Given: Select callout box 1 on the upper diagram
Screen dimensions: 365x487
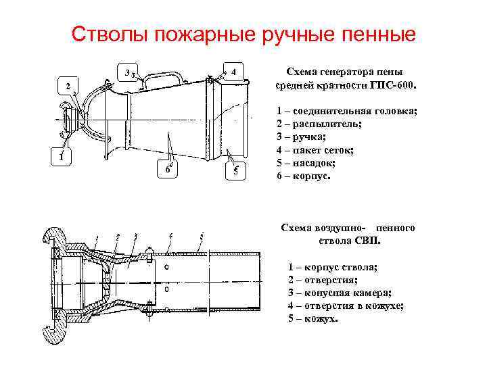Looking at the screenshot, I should pyautogui.click(x=62, y=157).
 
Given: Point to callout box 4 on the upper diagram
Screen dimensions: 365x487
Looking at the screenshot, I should pyautogui.click(x=232, y=71).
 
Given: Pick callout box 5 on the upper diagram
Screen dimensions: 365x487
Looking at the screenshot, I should pyautogui.click(x=234, y=171).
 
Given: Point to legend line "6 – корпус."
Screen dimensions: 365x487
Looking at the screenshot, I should pyautogui.click(x=304, y=176).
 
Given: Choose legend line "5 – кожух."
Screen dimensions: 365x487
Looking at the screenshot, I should pyautogui.click(x=312, y=318).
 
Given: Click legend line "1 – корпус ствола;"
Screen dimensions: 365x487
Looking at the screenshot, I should pyautogui.click(x=333, y=267).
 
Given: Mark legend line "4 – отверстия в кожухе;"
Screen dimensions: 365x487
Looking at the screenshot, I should pyautogui.click(x=346, y=306).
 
